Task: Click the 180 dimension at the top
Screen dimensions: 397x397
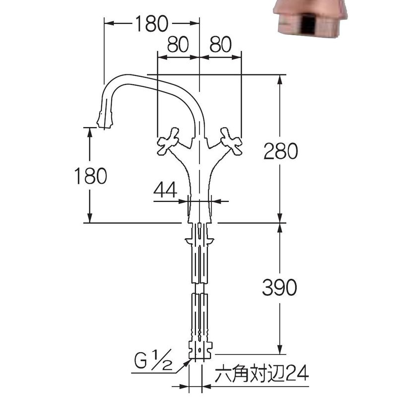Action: (151, 23)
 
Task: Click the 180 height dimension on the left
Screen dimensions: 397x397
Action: (90, 176)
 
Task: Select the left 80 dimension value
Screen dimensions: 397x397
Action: (178, 44)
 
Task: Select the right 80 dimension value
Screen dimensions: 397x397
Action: (220, 44)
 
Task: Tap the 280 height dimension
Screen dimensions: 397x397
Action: (280, 151)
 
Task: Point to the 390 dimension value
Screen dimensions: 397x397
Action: (279, 287)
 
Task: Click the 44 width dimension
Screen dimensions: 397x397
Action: (165, 190)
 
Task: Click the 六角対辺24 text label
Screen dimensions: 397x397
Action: (262, 373)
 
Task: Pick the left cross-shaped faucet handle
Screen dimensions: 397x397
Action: (168, 141)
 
